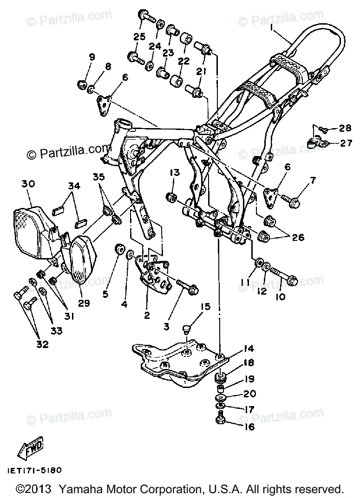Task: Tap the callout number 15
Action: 205,307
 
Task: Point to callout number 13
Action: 175,173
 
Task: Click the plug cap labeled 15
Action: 186,330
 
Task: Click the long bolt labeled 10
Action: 284,276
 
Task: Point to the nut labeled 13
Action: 172,197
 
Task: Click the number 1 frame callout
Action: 271,28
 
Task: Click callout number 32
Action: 42,344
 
